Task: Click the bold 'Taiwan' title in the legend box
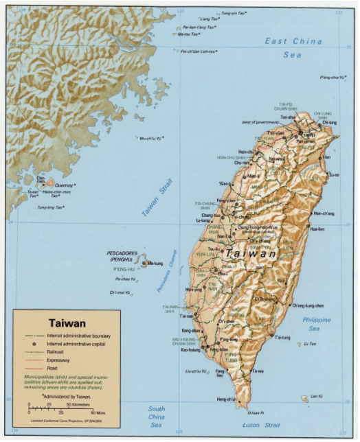click(x=67, y=321)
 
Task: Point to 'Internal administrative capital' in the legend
click(x=74, y=342)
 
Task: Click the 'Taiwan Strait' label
click(x=157, y=198)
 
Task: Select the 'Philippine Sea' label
click(x=317, y=324)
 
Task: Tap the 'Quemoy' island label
click(x=63, y=185)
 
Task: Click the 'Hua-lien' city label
click(x=317, y=229)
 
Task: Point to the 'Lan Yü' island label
click(x=316, y=396)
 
